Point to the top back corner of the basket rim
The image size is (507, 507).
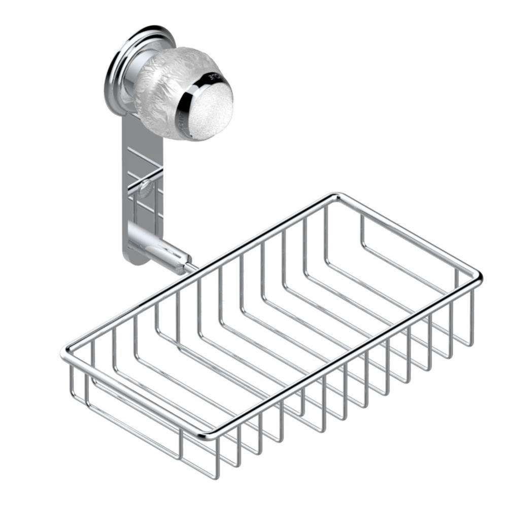[x=334, y=196]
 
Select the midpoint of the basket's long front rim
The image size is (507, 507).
[x=341, y=356]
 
